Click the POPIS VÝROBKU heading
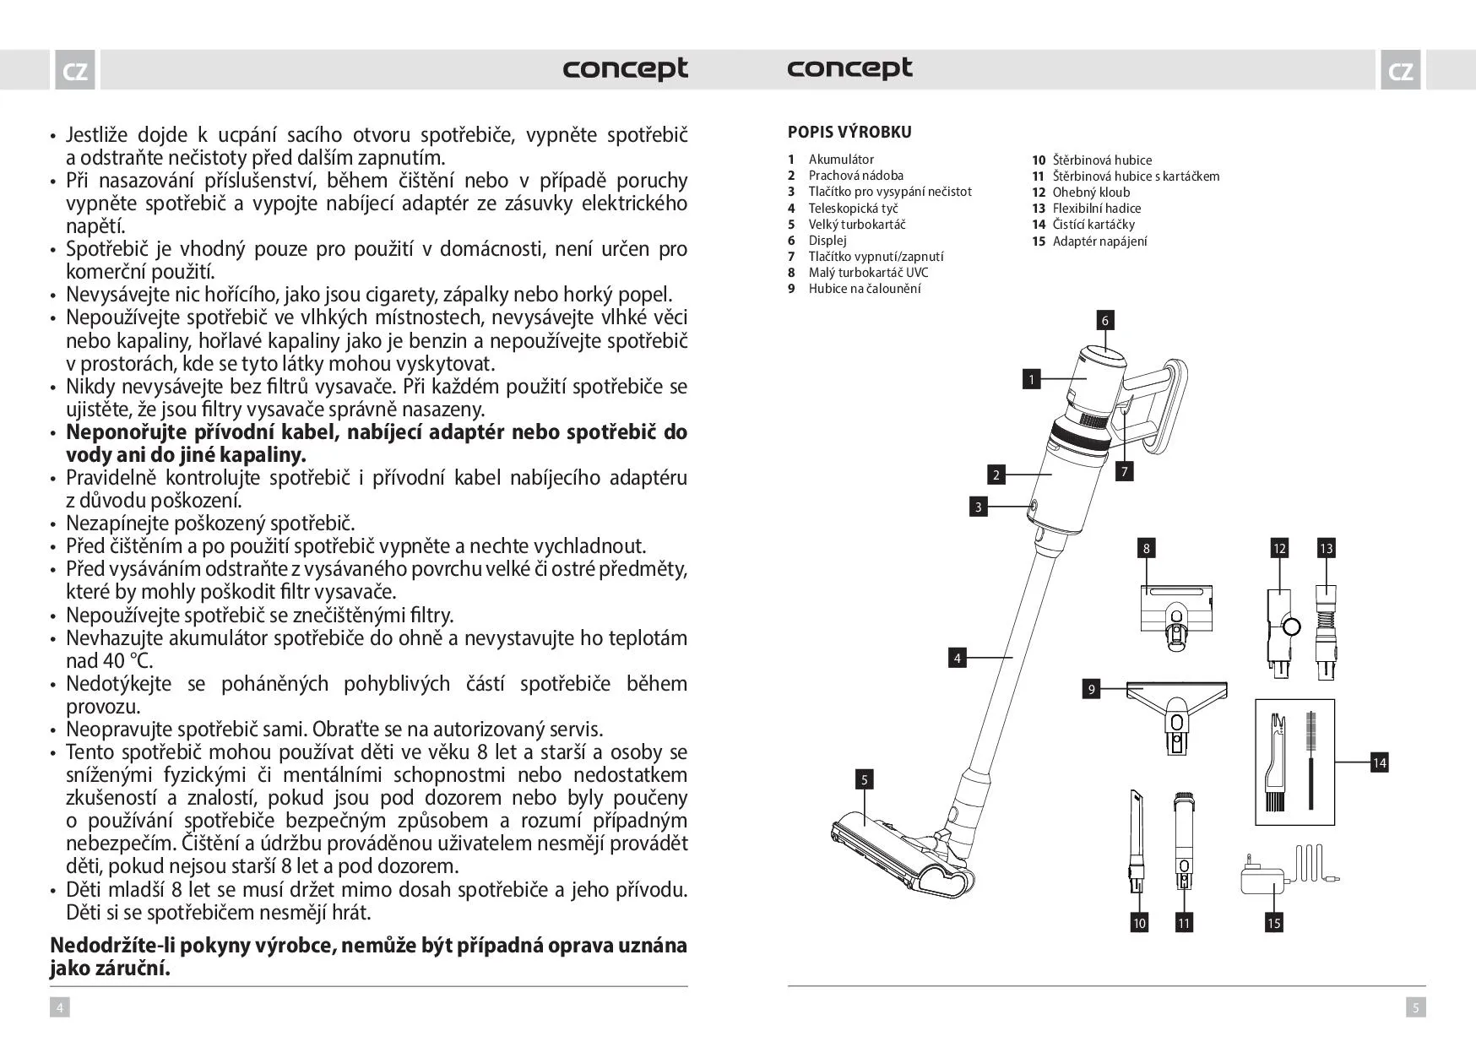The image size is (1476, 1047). coord(849,132)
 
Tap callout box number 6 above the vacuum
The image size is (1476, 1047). coord(1104,320)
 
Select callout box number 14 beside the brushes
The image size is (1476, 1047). coord(1379,762)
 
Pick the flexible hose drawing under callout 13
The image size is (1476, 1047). coord(1326,629)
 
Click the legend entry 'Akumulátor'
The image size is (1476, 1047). coord(841,160)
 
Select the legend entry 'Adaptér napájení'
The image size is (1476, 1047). coord(1099,241)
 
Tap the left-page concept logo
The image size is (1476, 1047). coord(625,68)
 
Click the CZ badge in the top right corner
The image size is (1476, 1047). coord(1400,71)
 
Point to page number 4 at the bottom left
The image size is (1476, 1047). coord(59,1006)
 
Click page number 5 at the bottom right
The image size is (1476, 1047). coord(1416,1006)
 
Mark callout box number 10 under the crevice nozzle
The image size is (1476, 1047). coord(1139,923)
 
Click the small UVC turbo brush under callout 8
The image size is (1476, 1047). coord(1176,616)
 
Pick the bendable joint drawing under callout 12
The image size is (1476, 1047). coord(1280,629)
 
